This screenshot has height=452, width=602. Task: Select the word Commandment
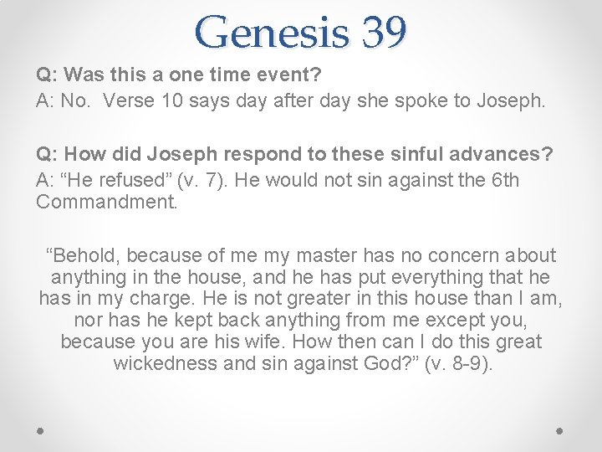(107, 203)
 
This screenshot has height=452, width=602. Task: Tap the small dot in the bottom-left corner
(41, 429)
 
